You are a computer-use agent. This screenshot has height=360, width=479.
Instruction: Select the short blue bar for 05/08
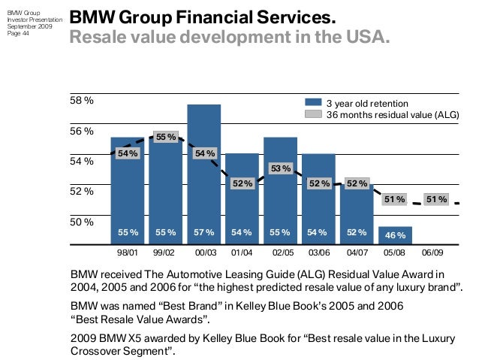395,235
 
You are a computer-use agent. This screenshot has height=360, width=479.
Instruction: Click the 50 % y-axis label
82,222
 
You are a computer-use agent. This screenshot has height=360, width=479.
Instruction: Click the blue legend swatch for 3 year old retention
312,103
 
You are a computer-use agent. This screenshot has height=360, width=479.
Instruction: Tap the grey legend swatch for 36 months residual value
312,114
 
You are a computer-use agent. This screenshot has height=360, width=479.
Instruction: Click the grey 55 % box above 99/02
166,137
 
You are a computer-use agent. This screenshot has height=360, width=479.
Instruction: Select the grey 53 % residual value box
280,168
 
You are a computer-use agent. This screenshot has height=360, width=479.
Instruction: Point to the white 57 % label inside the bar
203,234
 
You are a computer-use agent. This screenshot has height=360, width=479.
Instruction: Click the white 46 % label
395,235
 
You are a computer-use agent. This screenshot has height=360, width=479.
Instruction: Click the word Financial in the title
206,17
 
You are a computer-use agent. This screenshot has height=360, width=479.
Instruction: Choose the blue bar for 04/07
357,214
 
